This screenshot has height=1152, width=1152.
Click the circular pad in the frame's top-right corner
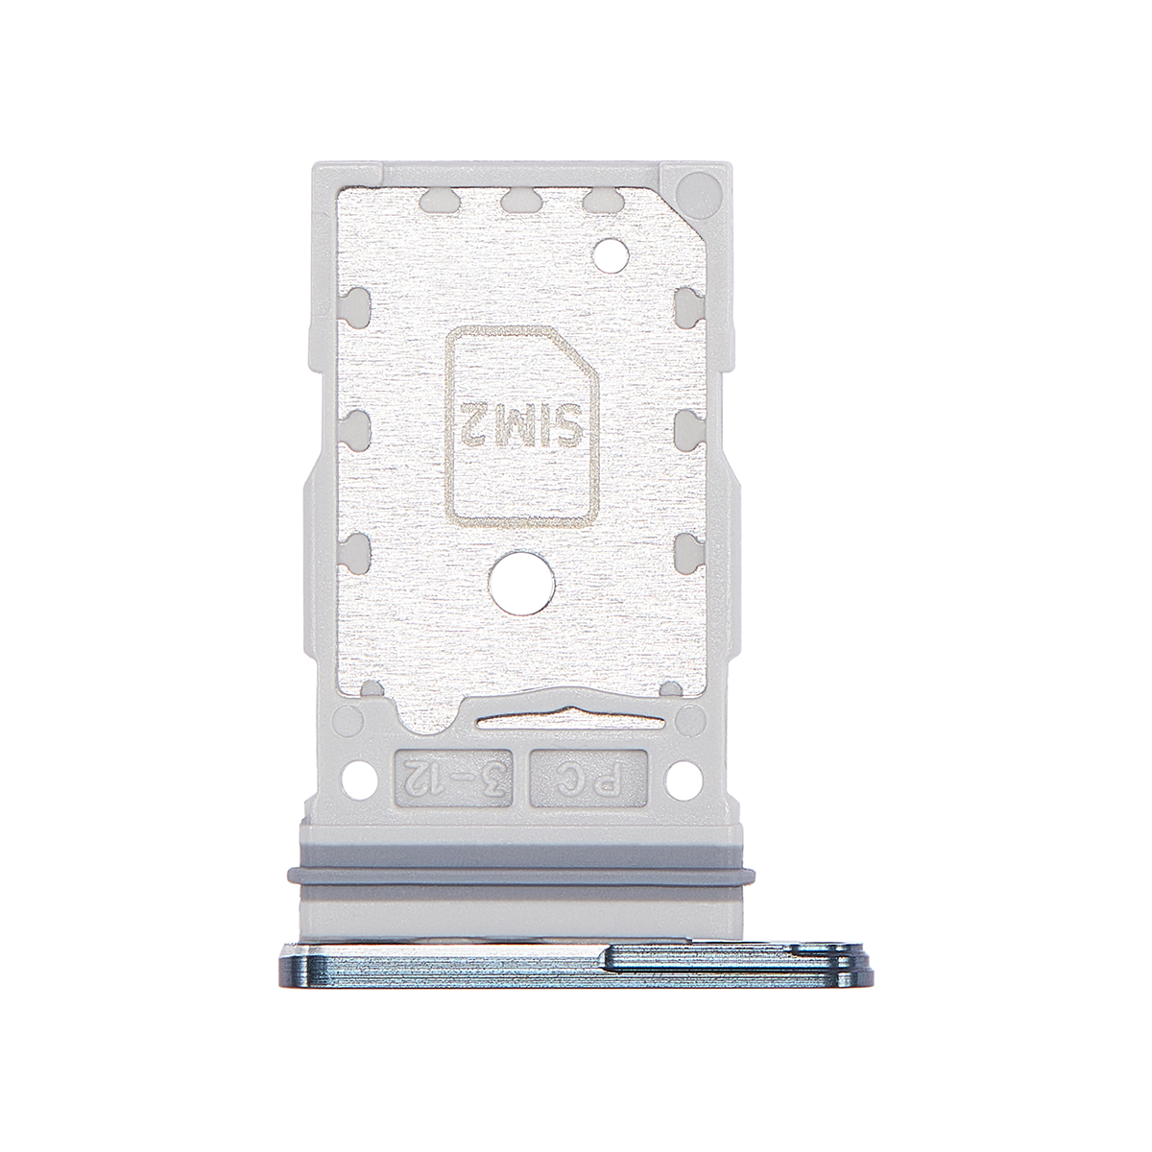point(695,186)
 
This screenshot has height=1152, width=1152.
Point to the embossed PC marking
point(588,778)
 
